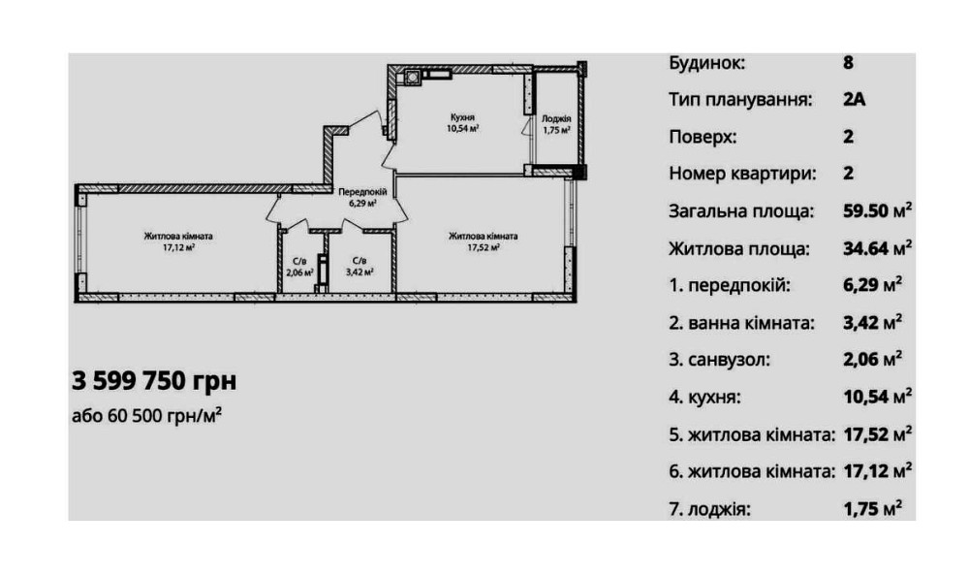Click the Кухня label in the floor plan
tap(461, 116)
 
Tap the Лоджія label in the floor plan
tap(555, 118)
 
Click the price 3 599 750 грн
tap(154, 380)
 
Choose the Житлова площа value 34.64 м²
tap(877, 248)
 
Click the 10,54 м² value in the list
tap(877, 397)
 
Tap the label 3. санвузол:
tap(720, 360)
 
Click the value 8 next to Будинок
tap(849, 63)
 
